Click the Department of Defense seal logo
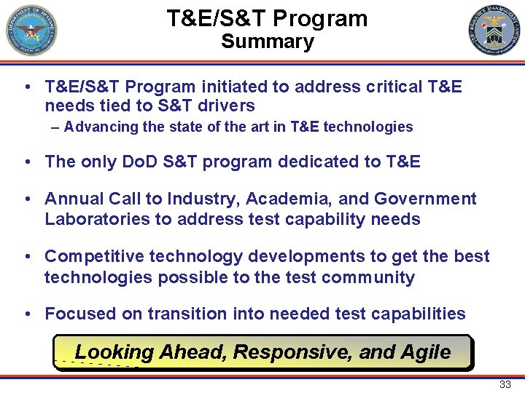31,31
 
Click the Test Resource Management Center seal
494,31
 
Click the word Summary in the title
267,41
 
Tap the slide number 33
505,384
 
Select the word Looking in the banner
114,353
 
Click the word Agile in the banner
426,352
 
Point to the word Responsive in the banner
292,352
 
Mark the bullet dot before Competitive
26,257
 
